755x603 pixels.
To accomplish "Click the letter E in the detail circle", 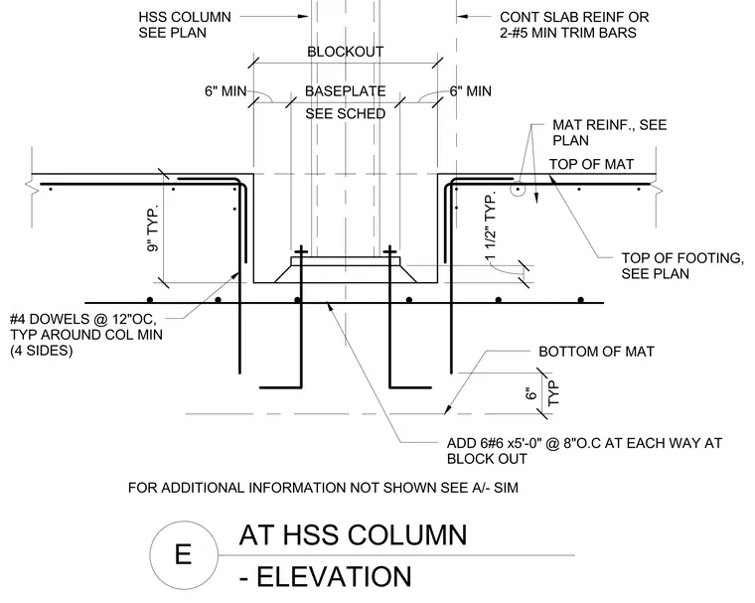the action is [x=183, y=554].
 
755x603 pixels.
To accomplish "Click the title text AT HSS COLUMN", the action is [x=353, y=535].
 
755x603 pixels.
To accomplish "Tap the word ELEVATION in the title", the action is [x=334, y=576].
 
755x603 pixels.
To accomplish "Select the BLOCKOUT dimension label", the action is [x=346, y=52].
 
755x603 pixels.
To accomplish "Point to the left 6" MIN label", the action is [x=226, y=91].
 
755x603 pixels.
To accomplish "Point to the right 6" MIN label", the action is [x=471, y=91].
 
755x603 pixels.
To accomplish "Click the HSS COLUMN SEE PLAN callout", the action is [x=185, y=25].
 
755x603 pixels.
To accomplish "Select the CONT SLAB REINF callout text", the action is [x=574, y=25].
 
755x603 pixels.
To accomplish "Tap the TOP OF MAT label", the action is [x=591, y=164].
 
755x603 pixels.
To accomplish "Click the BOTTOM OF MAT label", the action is [x=596, y=352].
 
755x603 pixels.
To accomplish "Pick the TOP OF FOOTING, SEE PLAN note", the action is [x=682, y=266].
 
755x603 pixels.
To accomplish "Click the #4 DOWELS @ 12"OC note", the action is [x=86, y=335].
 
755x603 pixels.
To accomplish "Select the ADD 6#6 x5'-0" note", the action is [x=584, y=451].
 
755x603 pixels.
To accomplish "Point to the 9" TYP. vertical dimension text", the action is [x=153, y=229].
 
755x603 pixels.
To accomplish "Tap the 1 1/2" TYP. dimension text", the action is [x=490, y=226].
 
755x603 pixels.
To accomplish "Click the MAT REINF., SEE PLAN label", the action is [x=610, y=132].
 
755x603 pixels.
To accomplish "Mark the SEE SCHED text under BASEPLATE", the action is [x=346, y=113].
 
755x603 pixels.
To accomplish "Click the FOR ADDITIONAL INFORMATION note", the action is [x=323, y=488].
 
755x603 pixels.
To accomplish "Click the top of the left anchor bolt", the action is [x=301, y=246].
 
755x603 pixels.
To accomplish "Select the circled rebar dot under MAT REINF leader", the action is [x=518, y=190].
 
